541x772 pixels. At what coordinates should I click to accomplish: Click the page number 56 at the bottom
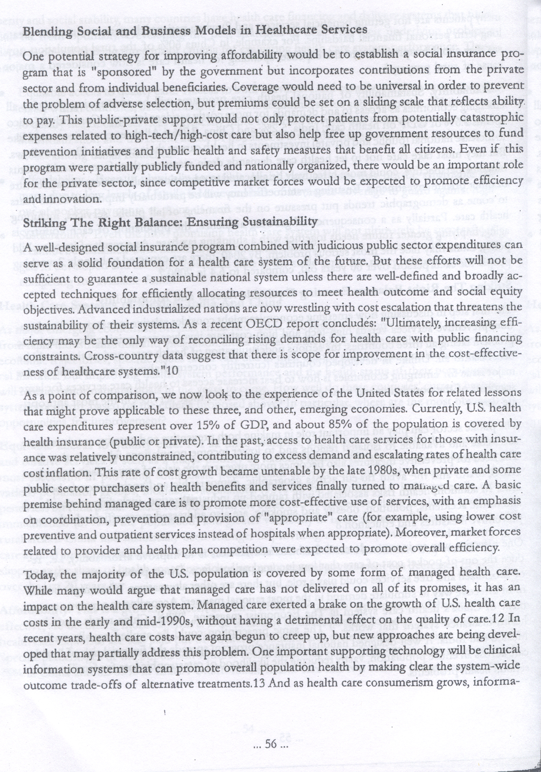click(x=271, y=745)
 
